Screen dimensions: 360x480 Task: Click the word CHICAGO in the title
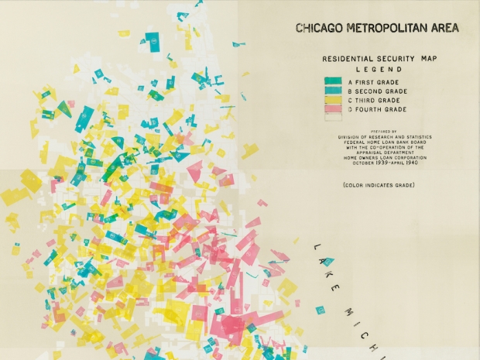pyautogui.click(x=319, y=29)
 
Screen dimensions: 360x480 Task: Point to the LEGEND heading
pyautogui.click(x=375, y=70)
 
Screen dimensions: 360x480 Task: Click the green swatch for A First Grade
pyautogui.click(x=334, y=81)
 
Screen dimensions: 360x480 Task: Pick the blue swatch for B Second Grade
pyautogui.click(x=334, y=91)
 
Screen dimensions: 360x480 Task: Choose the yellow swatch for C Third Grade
pyautogui.click(x=334, y=101)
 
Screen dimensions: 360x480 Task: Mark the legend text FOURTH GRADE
pyautogui.click(x=380, y=110)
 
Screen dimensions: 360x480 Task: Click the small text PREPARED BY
pyautogui.click(x=384, y=132)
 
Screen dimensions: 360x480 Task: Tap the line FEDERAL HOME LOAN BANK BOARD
pyautogui.click(x=384, y=142)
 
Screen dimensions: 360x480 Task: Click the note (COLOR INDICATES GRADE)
pyautogui.click(x=379, y=185)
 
